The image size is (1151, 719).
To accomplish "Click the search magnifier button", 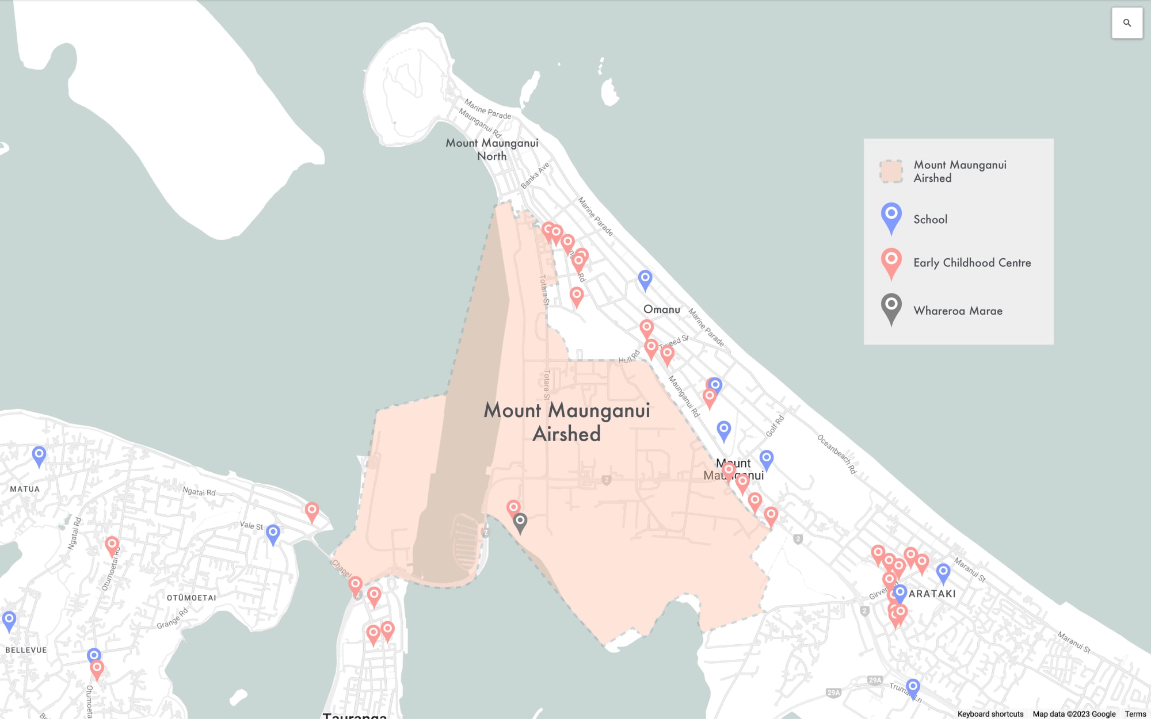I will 1127,23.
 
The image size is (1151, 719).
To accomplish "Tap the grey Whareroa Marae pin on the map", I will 520,522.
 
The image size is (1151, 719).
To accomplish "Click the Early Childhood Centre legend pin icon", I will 891,261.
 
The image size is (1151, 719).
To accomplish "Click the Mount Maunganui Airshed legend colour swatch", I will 891,171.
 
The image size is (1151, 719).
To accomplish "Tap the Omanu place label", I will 661,309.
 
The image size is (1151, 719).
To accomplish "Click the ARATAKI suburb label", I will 932,594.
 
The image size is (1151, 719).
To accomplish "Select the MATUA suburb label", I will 25,489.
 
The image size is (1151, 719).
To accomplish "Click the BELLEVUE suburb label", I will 26,650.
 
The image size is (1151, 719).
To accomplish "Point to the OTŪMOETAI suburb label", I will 191,598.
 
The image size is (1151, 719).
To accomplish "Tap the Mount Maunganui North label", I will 492,150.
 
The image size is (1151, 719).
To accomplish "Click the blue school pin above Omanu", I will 645,279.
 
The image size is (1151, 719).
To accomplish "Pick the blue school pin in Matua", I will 39,455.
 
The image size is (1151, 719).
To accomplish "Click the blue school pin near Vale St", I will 273,533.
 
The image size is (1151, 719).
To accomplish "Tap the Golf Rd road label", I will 775,426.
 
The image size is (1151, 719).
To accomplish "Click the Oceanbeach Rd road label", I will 837,454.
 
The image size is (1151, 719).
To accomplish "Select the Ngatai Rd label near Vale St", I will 199,492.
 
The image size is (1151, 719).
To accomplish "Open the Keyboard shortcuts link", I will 990,714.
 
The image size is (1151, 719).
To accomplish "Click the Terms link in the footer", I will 1135,714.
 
